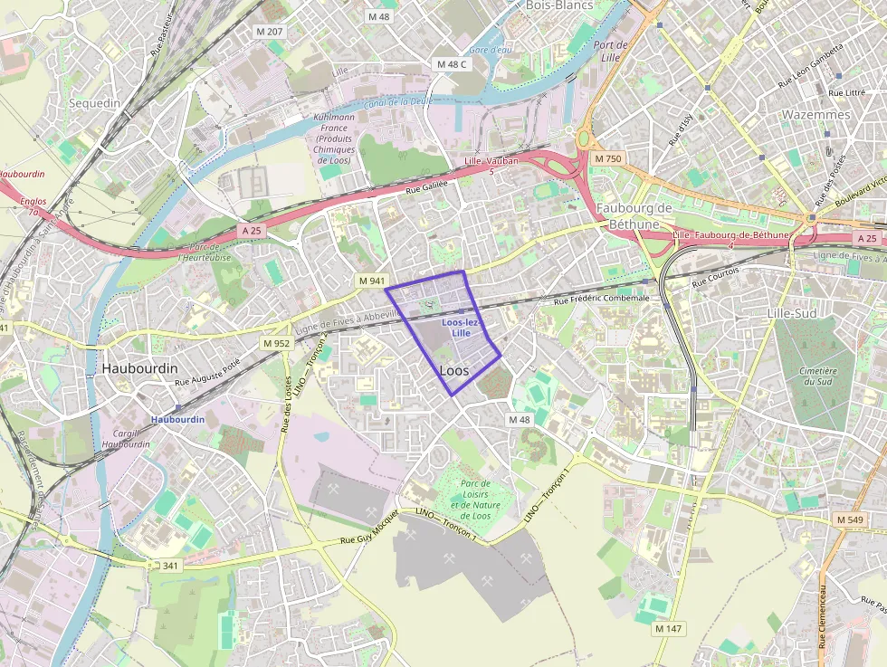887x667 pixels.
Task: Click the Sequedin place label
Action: tap(94, 103)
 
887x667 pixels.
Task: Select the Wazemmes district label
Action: tap(815, 115)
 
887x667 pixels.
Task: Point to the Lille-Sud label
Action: tap(792, 313)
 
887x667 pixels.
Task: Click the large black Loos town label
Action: tap(453, 371)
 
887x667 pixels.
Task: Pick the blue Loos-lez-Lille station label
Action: tap(461, 328)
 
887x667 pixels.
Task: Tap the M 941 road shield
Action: tap(371, 281)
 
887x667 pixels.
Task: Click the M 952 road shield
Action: tap(275, 343)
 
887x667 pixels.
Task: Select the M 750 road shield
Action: tap(608, 158)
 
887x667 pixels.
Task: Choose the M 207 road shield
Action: tap(269, 32)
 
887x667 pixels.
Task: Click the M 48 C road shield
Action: tap(451, 64)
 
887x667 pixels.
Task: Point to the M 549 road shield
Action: tap(850, 519)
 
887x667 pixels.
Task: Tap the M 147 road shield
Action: tap(669, 628)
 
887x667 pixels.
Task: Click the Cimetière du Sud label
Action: tap(818, 376)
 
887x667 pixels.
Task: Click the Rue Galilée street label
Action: tap(426, 189)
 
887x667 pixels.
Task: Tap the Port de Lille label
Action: tap(610, 51)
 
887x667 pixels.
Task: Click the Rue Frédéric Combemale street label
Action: tap(602, 299)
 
